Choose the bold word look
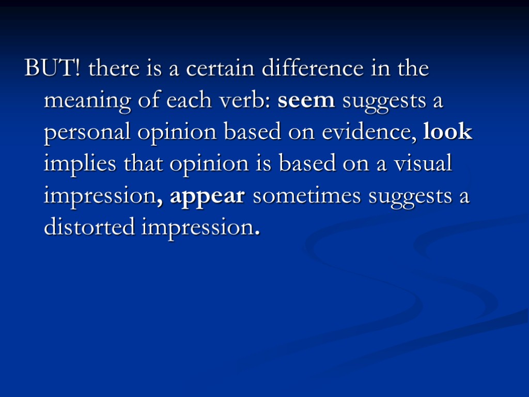tap(447, 132)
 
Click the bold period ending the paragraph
tap(257, 233)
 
